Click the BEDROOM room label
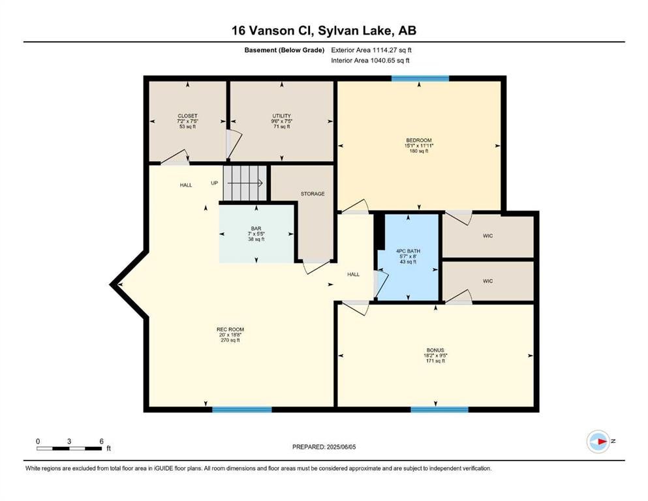coord(419,140)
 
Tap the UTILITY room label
coord(281,116)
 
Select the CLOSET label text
coord(187,116)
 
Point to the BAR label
coord(256,228)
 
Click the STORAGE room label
coord(313,194)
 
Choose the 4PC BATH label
coord(408,251)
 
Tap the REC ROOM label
coord(230,329)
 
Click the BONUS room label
coord(435,350)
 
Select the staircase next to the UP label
coord(245,183)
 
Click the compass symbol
coord(598,442)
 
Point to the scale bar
coord(69,448)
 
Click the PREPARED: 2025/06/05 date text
coord(324,447)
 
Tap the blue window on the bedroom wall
coord(420,78)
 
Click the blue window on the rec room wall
coord(242,409)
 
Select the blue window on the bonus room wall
coord(440,409)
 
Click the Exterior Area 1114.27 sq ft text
coord(371,50)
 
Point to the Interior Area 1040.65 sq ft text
coord(370,60)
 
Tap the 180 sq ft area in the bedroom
coord(419,151)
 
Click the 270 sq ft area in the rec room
coord(230,341)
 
